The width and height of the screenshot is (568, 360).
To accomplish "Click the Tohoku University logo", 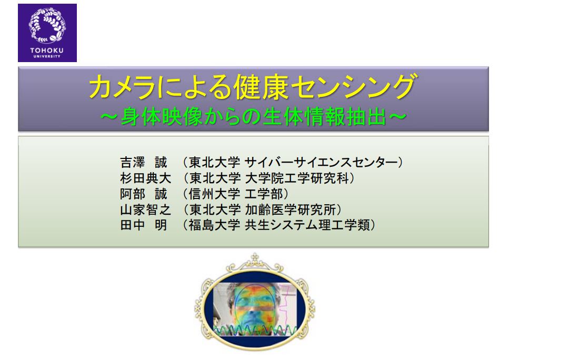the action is (x=47, y=33).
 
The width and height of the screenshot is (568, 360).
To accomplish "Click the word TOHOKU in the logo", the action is (x=47, y=51).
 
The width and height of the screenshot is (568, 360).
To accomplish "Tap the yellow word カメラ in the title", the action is (x=122, y=87).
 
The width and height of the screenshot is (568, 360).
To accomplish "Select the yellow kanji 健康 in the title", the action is (x=261, y=87).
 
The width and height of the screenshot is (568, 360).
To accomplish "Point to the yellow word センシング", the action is (x=353, y=87).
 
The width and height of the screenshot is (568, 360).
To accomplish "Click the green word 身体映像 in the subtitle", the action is (x=161, y=117).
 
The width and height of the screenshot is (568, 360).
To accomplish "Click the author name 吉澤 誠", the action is (x=144, y=162).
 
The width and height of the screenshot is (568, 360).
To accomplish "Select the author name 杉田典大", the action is (x=145, y=178).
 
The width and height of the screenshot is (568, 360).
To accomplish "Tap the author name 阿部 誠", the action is (x=144, y=194).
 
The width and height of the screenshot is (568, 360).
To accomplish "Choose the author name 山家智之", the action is (x=145, y=209).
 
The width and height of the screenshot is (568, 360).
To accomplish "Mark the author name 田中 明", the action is (x=144, y=225).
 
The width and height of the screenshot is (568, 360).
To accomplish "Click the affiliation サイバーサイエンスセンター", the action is (x=321, y=162).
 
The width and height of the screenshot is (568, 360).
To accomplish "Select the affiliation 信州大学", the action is (x=214, y=194).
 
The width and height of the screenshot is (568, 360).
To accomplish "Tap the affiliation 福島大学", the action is (x=214, y=225).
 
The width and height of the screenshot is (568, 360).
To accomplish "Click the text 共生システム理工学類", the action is (x=307, y=225).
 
